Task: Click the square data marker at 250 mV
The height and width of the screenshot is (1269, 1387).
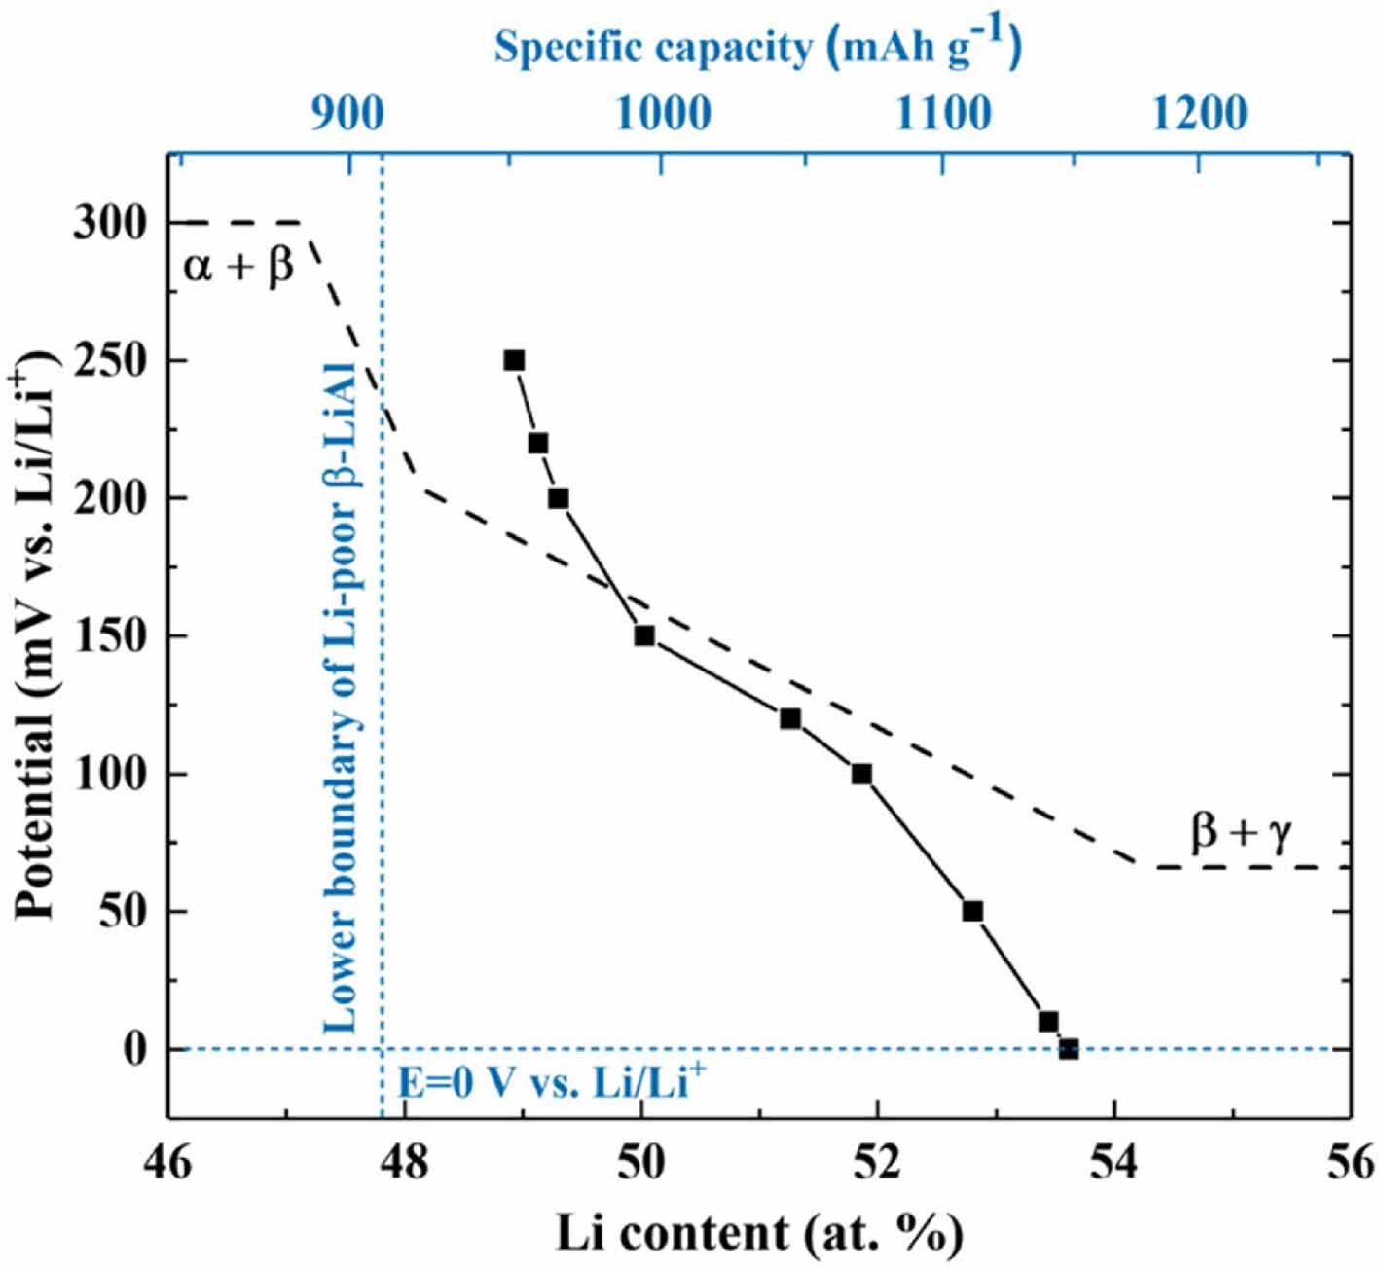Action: pos(514,361)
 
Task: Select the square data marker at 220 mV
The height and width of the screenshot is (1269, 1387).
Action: pos(537,444)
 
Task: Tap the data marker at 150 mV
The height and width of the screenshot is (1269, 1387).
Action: pos(644,635)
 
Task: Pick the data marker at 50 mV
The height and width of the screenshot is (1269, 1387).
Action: pos(971,912)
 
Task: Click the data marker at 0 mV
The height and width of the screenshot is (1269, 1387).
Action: pos(1069,1049)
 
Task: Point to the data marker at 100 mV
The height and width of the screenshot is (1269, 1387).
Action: pos(861,775)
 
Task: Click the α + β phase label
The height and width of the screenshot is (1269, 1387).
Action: pos(238,265)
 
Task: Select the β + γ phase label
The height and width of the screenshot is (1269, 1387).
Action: pos(1241,833)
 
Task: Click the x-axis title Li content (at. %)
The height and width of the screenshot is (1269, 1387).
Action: pos(759,1234)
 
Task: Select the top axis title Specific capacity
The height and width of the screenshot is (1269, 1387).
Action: pos(757,47)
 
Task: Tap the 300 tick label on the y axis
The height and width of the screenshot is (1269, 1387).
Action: pos(110,224)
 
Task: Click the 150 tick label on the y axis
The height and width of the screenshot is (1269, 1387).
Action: pos(110,636)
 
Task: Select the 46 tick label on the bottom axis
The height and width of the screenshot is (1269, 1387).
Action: pos(168,1164)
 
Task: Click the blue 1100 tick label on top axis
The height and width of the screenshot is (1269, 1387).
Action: pos(942,115)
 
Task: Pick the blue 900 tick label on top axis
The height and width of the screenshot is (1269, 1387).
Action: pos(347,115)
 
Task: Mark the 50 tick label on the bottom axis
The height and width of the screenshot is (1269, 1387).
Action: pos(641,1164)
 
